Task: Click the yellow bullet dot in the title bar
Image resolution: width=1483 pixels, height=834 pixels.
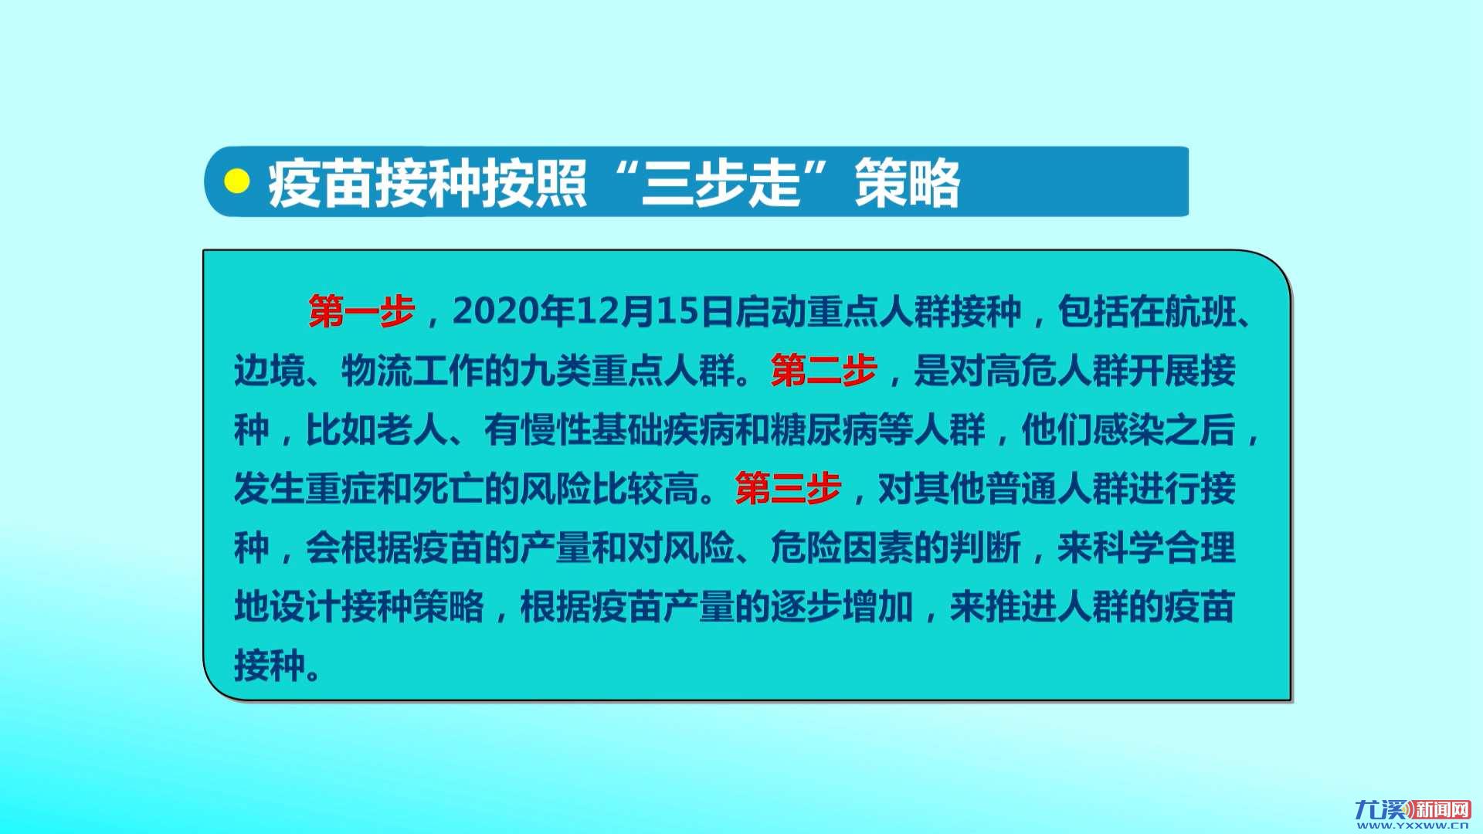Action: (236, 181)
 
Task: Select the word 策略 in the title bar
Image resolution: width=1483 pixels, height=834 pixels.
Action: (907, 183)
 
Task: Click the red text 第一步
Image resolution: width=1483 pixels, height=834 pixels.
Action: (361, 311)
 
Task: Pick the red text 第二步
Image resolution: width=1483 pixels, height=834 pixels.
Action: (824, 371)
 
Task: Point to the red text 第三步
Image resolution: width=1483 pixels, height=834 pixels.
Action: (788, 488)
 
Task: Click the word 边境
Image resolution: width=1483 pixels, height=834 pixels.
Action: (270, 371)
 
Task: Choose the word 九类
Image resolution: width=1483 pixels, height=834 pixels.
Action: (555, 371)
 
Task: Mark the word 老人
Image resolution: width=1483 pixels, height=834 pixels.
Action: (412, 429)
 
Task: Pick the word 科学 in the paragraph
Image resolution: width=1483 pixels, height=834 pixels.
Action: (1128, 548)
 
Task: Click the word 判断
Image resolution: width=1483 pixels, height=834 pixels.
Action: (985, 548)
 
